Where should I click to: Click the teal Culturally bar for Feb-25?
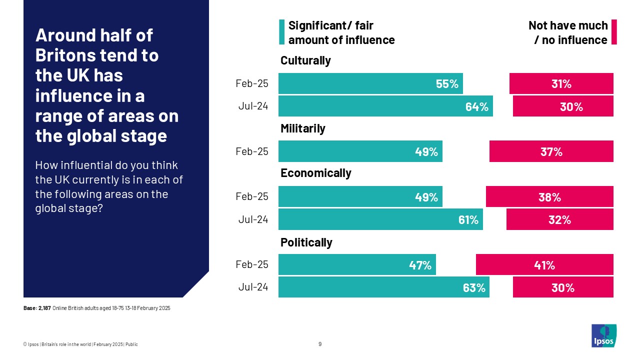tap(370, 83)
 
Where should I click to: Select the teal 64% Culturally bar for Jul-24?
tap(385, 106)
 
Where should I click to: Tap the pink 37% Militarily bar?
tap(551, 151)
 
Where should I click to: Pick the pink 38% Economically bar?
tap(549, 196)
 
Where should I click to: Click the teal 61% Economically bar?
tap(380, 219)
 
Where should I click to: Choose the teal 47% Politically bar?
tap(357, 264)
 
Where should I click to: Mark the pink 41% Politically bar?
tap(544, 264)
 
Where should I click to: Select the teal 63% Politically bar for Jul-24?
tap(383, 287)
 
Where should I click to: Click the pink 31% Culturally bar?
tap(561, 83)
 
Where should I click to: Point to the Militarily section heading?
tap(302, 128)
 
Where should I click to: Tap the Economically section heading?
tap(315, 173)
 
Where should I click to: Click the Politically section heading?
tap(306, 242)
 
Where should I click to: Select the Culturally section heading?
tap(305, 60)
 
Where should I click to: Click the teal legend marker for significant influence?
tap(281, 32)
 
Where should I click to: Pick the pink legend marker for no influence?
tap(614, 32)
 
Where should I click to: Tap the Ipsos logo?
tap(603, 335)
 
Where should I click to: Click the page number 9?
tap(320, 344)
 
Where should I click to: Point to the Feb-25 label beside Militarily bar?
tap(251, 151)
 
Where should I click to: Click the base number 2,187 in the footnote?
tap(44, 308)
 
